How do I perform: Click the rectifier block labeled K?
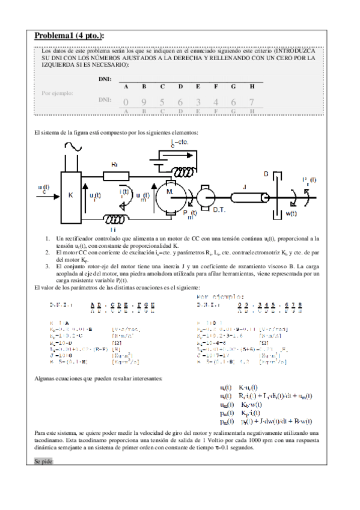point(71,195)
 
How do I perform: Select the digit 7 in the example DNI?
point(251,102)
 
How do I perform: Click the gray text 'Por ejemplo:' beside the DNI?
point(58,93)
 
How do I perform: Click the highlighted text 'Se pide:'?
point(44,477)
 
